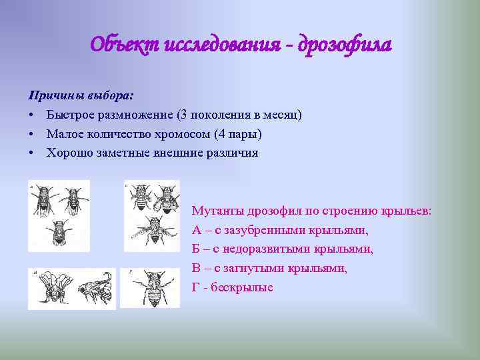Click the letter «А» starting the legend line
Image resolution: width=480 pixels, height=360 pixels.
(x=196, y=230)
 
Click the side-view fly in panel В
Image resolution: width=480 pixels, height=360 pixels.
(x=93, y=289)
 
